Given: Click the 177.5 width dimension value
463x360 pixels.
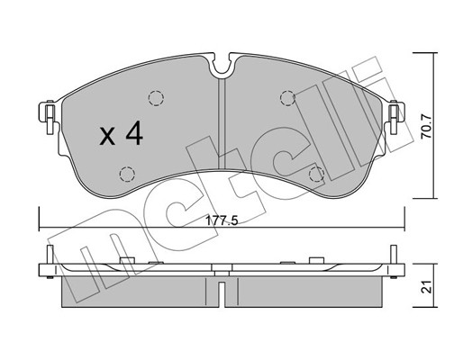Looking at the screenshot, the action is tap(222, 221).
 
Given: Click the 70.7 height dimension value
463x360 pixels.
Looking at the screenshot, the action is tap(426, 127).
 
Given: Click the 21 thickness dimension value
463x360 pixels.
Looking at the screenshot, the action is tap(426, 287).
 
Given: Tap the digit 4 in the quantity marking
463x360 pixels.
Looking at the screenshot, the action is tap(134, 133).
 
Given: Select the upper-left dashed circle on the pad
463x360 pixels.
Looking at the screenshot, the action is tap(156, 98).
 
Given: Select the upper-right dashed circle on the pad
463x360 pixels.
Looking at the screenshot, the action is tap(287, 98).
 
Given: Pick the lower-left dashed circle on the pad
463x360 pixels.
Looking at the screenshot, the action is tap(127, 174).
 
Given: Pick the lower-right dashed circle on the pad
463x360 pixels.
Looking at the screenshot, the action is tap(316, 174).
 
